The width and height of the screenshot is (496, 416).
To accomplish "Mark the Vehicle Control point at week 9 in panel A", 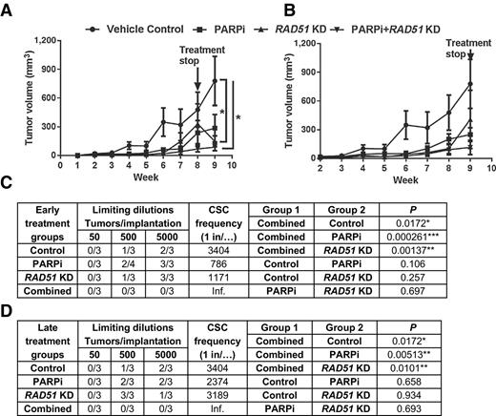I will [216, 80].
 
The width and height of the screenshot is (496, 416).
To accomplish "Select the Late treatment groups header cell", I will [45, 332].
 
